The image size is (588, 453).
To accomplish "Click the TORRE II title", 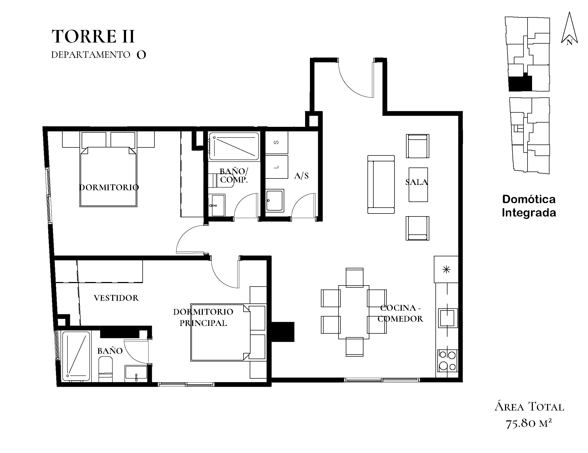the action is [93, 36].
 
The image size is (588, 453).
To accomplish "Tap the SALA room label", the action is [416, 182].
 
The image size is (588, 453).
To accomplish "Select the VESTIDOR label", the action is [116, 298].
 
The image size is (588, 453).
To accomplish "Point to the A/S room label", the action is [301, 176].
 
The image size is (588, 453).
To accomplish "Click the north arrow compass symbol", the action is [569, 29].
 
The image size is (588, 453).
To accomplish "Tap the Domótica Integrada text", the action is [529, 206].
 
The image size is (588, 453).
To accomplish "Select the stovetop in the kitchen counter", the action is [447, 361].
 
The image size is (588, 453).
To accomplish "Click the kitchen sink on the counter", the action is [448, 318].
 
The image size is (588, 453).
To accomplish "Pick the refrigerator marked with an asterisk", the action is [446, 269].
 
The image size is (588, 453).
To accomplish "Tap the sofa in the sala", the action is [381, 184].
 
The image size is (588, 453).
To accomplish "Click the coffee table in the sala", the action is [418, 185].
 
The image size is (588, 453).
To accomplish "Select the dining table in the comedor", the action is [354, 312].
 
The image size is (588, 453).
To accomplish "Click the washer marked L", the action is [276, 167].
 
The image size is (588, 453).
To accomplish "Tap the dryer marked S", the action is [276, 143].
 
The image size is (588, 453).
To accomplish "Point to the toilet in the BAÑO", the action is [105, 369].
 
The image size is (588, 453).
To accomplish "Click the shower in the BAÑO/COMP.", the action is [234, 146].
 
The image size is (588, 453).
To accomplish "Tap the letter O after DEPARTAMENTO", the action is [141, 55].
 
